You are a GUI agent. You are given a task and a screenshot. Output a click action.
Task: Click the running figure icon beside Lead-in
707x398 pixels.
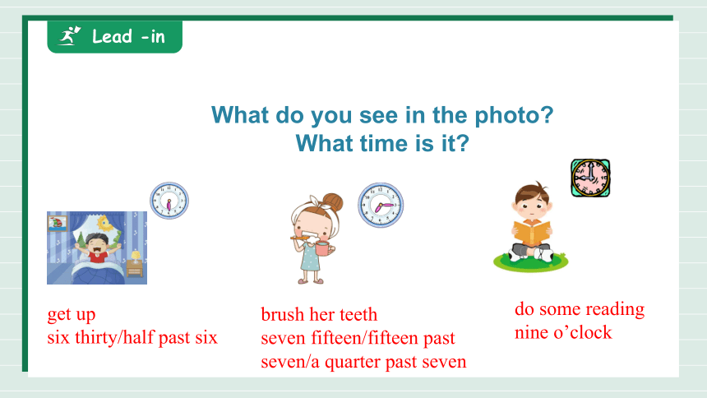coord(69,35)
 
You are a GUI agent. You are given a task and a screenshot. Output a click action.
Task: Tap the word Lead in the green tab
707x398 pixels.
coord(112,36)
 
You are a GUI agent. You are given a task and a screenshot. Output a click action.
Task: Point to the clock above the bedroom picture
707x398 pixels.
coord(169,201)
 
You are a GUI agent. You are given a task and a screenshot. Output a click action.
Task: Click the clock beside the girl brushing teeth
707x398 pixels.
coord(381,206)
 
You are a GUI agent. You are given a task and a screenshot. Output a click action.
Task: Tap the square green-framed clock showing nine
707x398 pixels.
coord(590,178)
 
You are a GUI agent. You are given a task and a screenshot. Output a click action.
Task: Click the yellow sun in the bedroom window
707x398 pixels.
coord(105,223)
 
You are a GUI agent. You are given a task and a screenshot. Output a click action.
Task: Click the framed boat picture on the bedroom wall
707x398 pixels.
coord(58,223)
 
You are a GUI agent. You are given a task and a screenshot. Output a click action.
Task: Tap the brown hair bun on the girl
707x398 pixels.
coord(333,202)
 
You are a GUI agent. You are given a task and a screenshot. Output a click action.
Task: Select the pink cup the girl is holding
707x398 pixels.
coord(324,248)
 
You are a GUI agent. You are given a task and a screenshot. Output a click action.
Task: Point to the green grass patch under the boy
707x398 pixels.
coord(531,262)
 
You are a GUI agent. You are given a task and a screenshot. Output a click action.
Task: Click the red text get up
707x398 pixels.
coord(72,314)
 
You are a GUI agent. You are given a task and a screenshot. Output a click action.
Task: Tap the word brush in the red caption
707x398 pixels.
coord(283,314)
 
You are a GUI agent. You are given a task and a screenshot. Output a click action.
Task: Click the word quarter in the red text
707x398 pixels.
coord(353,363)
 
